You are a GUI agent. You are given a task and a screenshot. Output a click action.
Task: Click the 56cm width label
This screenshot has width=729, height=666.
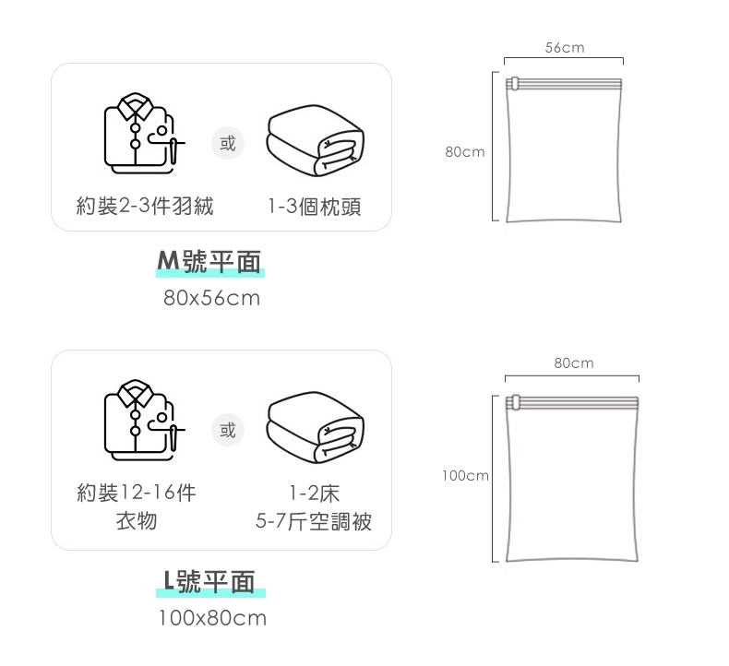[564, 47]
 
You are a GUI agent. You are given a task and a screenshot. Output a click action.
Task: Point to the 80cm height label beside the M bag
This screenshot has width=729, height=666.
[464, 151]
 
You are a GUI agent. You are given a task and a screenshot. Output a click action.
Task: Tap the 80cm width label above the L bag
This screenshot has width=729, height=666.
[573, 363]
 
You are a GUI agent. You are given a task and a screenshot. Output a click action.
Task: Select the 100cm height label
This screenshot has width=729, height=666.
[464, 476]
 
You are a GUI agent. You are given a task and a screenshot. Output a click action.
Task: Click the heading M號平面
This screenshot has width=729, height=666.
[209, 263]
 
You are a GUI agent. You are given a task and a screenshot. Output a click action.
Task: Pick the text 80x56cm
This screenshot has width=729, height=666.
[211, 299]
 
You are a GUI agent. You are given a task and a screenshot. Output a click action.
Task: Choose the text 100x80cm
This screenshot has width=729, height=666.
[212, 618]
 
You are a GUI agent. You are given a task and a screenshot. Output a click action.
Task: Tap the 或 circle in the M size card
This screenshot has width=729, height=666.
[227, 144]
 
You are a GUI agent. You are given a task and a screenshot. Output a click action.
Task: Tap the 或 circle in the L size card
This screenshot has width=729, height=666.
[227, 430]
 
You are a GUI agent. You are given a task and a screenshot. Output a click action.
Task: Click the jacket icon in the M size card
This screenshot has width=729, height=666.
[143, 135]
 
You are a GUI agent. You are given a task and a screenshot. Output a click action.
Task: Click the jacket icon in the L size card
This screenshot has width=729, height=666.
[143, 421]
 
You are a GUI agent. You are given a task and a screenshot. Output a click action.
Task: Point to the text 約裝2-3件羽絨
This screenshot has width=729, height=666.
[145, 206]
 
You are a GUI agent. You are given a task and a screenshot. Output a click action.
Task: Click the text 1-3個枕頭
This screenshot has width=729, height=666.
[314, 207]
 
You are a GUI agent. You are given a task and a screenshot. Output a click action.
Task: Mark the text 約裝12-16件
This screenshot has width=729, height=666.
[136, 493]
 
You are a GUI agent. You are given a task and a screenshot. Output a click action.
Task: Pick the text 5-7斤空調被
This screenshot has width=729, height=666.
[314, 522]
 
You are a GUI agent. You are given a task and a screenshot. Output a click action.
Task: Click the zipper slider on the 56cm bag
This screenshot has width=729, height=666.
[513, 84]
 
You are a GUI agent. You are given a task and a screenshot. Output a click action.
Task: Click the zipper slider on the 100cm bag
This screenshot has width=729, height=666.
[514, 402]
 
